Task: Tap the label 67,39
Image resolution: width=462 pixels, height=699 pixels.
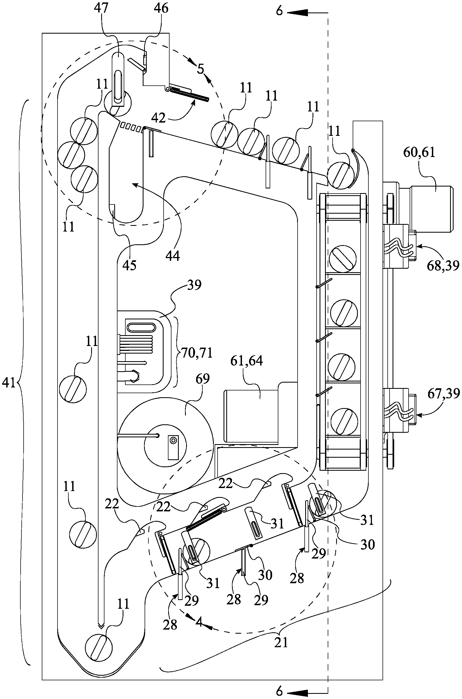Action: (444, 394)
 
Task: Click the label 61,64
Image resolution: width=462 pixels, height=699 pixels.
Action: (247, 361)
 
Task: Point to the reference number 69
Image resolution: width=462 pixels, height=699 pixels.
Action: (202, 379)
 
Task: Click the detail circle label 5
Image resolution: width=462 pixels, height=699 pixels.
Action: (201, 69)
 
